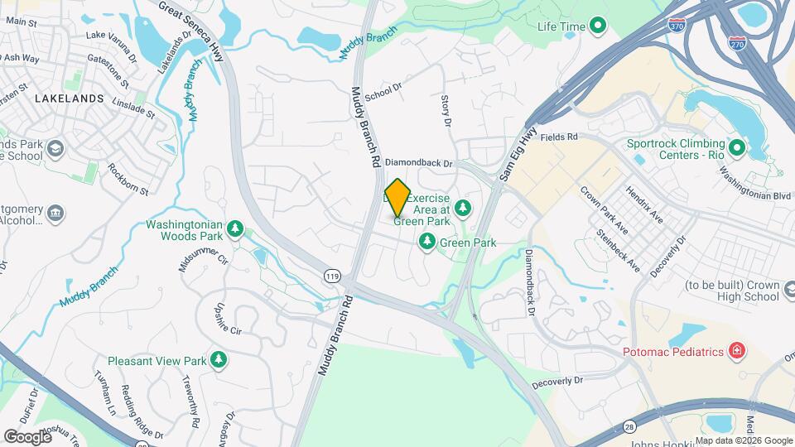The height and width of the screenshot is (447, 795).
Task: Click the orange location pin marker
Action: (398, 197)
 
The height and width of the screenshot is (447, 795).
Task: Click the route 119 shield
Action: (333, 276)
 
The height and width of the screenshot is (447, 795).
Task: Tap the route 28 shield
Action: (634, 426)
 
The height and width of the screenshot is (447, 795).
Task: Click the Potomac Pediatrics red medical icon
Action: (735, 352)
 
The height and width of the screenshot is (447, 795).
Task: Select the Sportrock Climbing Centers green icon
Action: (735, 149)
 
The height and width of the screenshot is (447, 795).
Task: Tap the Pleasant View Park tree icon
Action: (219, 360)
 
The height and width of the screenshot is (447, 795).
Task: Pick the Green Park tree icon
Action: (426, 243)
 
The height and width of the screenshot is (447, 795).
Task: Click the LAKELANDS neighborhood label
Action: (70, 99)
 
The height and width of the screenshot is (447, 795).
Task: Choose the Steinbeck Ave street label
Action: (619, 250)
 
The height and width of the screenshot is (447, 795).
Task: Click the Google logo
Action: (27, 436)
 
